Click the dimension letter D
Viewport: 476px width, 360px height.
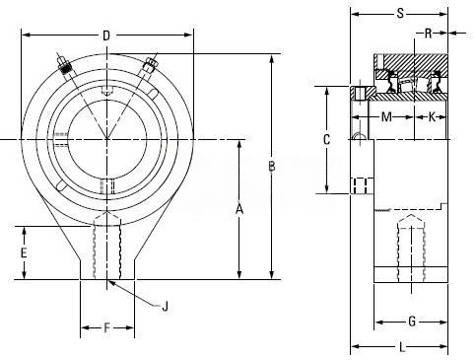(106, 36)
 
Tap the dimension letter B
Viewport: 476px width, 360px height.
(272, 167)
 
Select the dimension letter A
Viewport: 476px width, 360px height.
(239, 208)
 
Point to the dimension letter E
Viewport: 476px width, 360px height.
(24, 252)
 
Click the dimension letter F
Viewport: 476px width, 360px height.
(106, 327)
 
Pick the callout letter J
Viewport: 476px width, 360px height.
(166, 307)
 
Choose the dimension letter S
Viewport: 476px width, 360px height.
(400, 14)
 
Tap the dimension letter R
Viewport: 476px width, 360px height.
(428, 34)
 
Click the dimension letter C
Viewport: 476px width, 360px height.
(326, 140)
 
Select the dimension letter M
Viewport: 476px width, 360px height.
(386, 116)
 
